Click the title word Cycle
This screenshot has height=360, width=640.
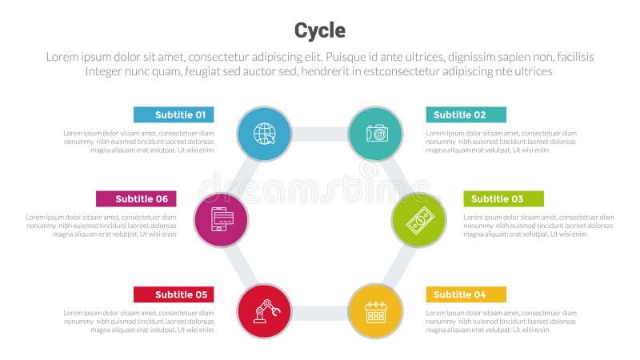[320, 30]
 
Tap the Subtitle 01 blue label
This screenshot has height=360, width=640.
[174, 114]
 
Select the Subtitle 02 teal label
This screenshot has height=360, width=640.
[466, 114]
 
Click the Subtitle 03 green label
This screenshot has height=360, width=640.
[503, 198]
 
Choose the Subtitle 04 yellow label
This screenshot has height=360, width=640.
[466, 294]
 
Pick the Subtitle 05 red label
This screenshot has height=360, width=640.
[174, 294]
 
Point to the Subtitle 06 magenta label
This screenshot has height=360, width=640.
[136, 198]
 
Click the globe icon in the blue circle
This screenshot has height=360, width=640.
[265, 134]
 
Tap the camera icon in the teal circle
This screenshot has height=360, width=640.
[376, 134]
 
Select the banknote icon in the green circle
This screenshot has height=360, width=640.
[418, 220]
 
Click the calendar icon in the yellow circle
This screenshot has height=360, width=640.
[376, 311]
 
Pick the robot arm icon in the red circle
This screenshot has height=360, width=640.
[265, 311]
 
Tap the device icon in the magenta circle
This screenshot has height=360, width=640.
[222, 220]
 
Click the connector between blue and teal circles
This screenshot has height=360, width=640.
[320, 134]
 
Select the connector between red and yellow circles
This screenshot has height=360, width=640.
[320, 312]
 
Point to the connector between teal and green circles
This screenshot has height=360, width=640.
[397, 176]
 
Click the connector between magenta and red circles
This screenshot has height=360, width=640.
[242, 265]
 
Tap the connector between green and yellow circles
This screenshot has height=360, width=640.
[398, 266]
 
